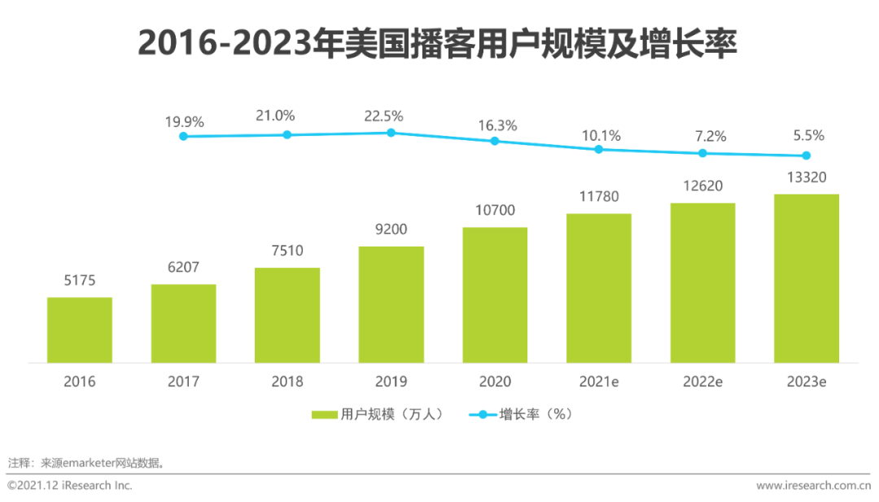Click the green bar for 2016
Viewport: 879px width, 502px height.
point(79,330)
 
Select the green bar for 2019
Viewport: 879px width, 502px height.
point(391,304)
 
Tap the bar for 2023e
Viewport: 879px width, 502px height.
point(806,278)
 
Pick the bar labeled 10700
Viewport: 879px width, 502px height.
point(495,295)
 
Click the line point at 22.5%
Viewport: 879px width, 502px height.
point(391,132)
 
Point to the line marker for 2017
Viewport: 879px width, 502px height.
point(183,136)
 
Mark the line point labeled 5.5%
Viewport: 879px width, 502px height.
point(806,155)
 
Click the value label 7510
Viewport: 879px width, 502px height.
point(286,251)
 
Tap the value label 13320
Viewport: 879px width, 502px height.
point(806,177)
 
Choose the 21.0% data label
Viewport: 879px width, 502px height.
point(286,116)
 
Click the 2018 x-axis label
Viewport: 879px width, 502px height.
point(286,382)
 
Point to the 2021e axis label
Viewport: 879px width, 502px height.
point(598,382)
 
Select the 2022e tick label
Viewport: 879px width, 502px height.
point(702,382)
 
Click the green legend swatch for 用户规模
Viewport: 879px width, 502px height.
point(324,415)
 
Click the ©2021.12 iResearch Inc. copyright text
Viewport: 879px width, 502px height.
point(70,486)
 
